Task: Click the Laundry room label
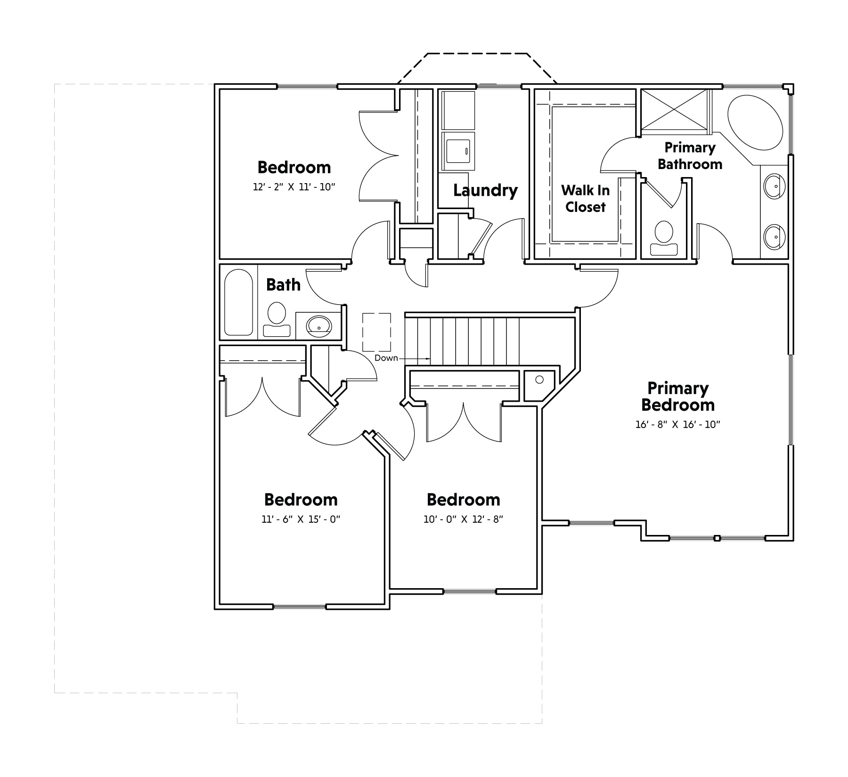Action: coord(485,190)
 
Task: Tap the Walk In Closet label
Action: coord(586,198)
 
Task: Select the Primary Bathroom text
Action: coord(690,155)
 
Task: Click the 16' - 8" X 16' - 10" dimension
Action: coord(678,424)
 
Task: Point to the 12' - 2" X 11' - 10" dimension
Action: coord(294,187)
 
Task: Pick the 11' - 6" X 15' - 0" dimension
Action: coord(301,519)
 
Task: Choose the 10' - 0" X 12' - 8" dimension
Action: coord(464,519)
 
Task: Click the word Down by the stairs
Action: coord(386,358)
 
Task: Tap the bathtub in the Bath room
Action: coord(239,302)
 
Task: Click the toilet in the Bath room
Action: coord(277,320)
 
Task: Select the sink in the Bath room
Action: coord(319,325)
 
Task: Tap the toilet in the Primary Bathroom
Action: coord(664,238)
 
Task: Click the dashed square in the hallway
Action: coord(376,332)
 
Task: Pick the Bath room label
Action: coord(283,284)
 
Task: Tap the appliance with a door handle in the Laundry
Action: coord(458,151)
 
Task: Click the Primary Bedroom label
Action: coord(678,397)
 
